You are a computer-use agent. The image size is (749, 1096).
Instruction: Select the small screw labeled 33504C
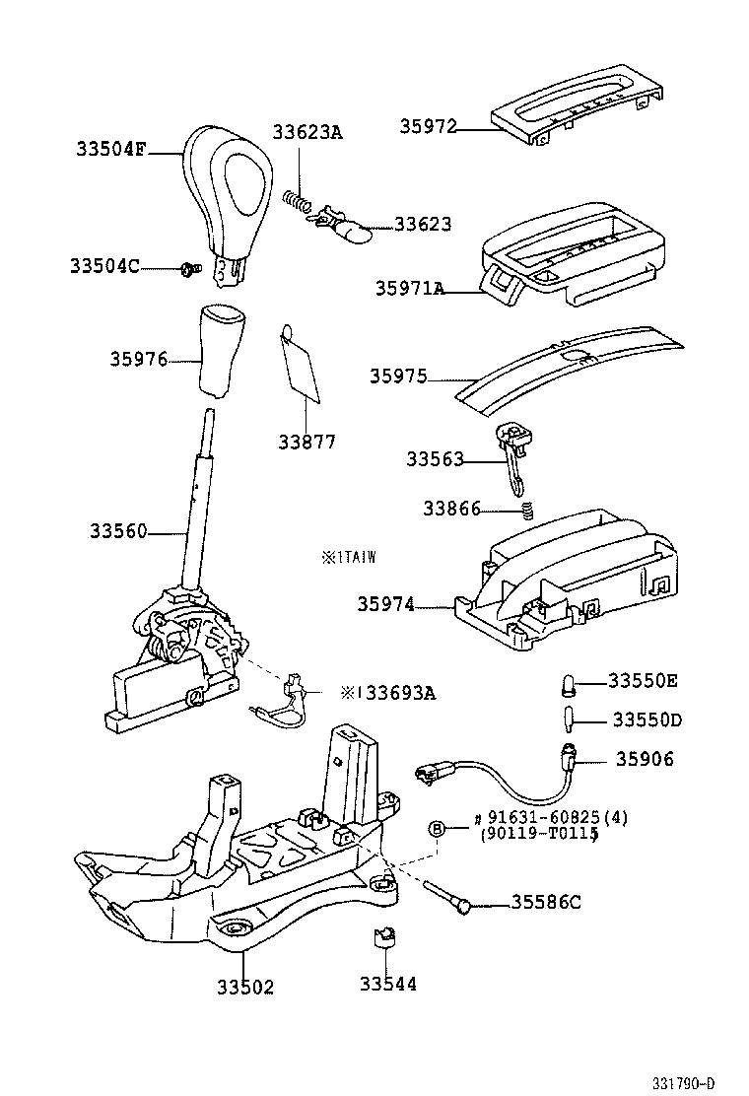(190, 267)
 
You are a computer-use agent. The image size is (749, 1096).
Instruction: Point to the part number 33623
(423, 225)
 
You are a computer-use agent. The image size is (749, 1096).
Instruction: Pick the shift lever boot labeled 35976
(221, 350)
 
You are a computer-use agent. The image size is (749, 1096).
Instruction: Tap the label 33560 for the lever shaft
(118, 532)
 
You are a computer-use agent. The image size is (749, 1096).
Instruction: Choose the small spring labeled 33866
(526, 510)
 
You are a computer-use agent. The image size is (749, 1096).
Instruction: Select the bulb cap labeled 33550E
(570, 682)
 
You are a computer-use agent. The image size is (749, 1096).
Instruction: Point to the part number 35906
(647, 759)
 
